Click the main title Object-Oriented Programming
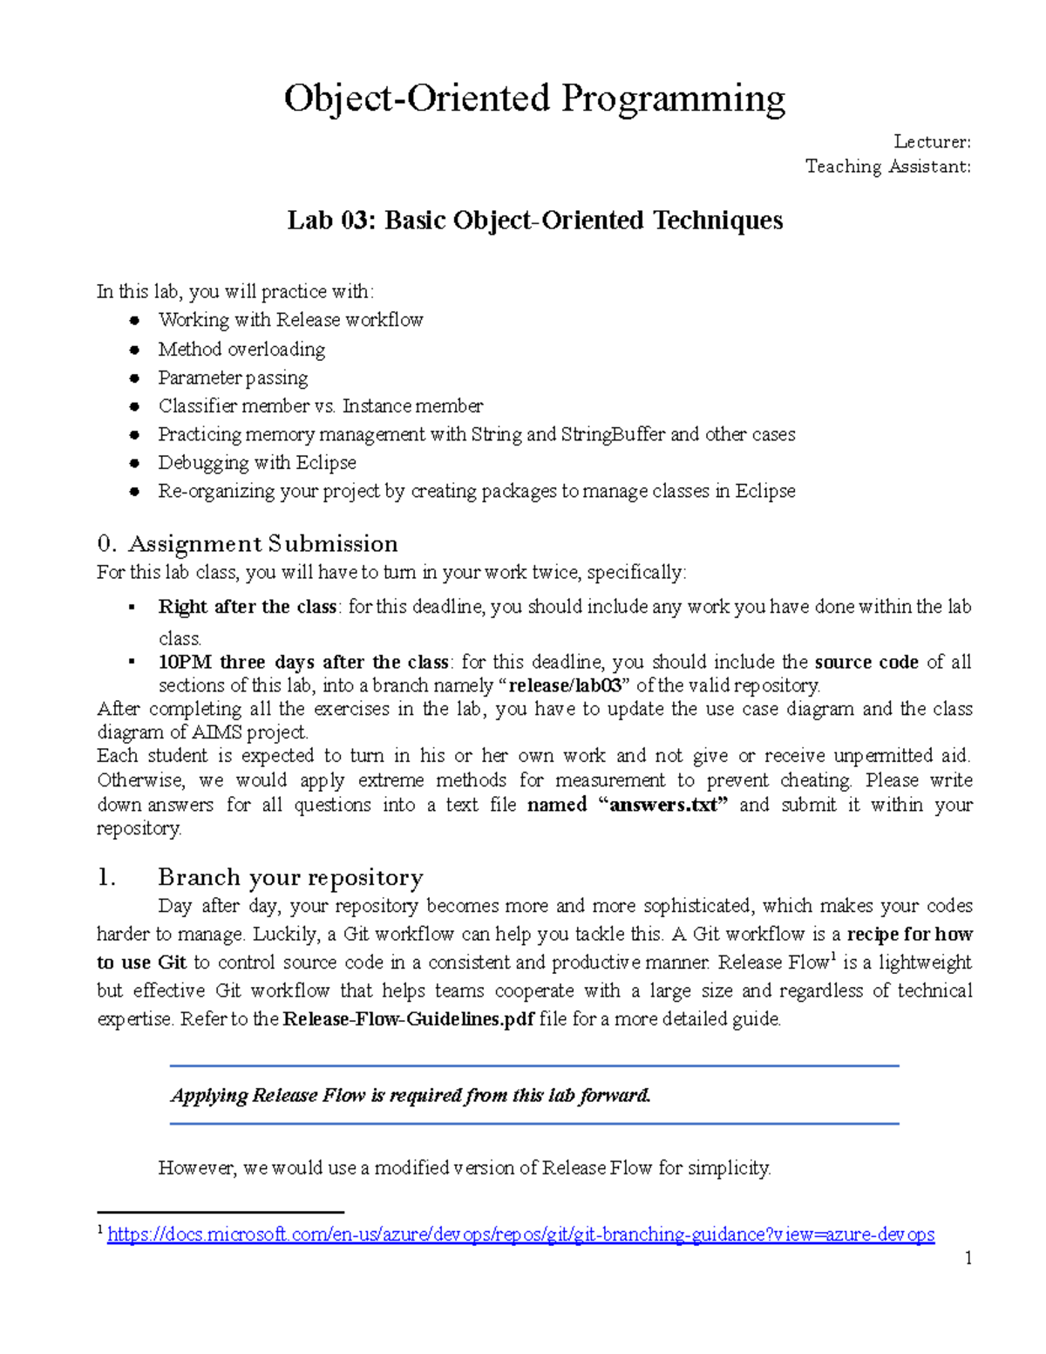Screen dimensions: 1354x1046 533,99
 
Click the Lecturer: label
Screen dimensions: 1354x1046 932,142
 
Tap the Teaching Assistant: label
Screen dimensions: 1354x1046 887,167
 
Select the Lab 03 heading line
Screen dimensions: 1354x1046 534,221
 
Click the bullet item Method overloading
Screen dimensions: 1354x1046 241,350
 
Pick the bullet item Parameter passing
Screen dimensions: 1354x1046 233,378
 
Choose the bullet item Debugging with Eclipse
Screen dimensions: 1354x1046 257,463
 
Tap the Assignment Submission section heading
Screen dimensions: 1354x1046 262,544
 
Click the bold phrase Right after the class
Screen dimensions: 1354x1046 247,607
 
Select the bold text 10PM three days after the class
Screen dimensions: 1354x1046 303,662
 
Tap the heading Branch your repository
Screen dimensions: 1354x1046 290,877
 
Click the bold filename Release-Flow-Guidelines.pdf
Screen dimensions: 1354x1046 409,1018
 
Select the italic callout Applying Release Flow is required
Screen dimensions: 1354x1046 411,1095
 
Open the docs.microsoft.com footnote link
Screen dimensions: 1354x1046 520,1235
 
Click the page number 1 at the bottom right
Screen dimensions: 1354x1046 968,1258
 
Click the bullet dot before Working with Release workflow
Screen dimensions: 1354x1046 134,321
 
